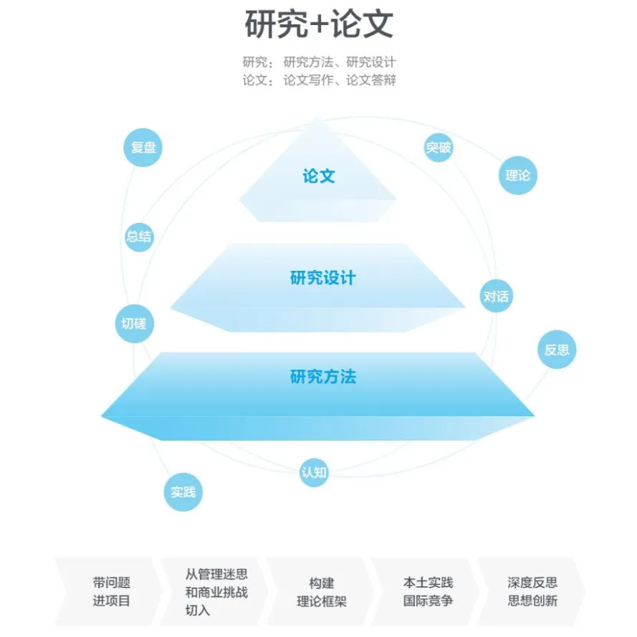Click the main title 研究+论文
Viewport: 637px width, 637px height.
coord(319,24)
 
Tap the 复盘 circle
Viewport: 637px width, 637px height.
coord(143,148)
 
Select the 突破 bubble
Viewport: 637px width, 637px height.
coord(439,148)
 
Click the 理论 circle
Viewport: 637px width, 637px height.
coord(517,175)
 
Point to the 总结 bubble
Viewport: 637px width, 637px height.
coord(139,236)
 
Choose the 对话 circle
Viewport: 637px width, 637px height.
coord(496,296)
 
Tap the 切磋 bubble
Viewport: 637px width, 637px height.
coord(135,324)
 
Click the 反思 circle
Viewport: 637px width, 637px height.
coord(557,350)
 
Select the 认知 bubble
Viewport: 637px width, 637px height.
coord(314,472)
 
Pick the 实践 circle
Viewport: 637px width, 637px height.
coord(183,492)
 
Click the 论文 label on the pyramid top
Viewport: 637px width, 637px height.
coord(319,176)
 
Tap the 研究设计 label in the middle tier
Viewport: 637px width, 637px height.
coord(323,278)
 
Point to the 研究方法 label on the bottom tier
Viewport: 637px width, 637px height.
coord(323,377)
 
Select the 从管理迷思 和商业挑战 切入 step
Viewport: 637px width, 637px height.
coord(215,592)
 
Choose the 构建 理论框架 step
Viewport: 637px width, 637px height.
coord(321,592)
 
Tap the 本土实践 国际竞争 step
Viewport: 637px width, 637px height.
coord(426,592)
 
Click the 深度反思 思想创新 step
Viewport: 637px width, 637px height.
coord(532,592)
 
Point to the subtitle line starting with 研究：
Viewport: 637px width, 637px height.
coord(319,62)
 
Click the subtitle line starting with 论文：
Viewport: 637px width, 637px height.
coord(319,80)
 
